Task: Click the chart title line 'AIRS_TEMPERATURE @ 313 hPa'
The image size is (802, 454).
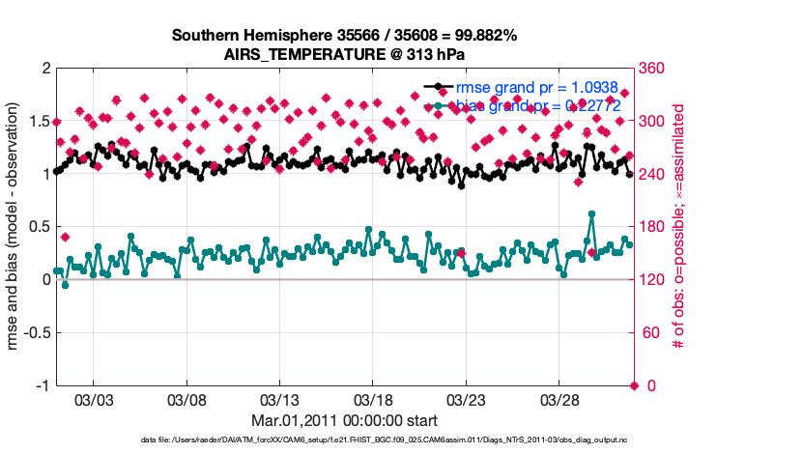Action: click(x=344, y=54)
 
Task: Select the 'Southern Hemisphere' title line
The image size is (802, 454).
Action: click(x=344, y=35)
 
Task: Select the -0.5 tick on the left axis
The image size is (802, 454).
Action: click(x=34, y=333)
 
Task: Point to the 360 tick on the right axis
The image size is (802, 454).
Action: click(x=654, y=69)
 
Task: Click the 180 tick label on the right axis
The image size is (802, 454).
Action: click(x=654, y=227)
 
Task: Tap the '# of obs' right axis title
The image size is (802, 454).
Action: click(x=679, y=226)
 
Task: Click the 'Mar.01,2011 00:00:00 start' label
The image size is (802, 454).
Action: click(x=344, y=420)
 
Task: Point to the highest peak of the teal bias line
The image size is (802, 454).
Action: click(x=591, y=214)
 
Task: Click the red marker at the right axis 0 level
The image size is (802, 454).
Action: click(x=635, y=385)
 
